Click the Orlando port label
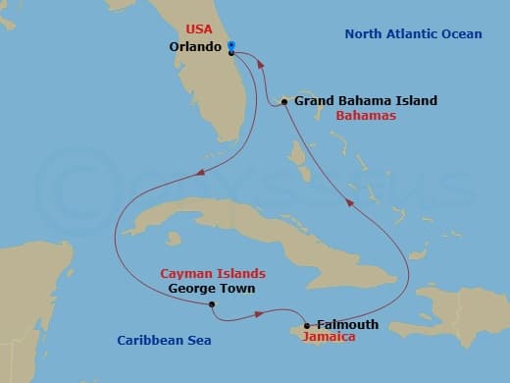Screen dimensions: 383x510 (193, 46)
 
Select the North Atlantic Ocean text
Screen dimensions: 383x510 (412, 34)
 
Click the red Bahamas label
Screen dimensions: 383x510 (365, 116)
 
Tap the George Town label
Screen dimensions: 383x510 (212, 289)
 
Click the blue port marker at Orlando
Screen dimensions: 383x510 (230, 46)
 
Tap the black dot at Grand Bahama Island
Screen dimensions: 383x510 (283, 101)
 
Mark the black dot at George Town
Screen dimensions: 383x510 (212, 304)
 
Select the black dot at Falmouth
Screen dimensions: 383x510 (308, 326)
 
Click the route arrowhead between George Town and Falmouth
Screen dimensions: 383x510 (260, 314)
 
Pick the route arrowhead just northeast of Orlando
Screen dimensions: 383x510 (260, 62)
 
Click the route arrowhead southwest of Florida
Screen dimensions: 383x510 (199, 174)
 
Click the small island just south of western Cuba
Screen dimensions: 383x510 (174, 239)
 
